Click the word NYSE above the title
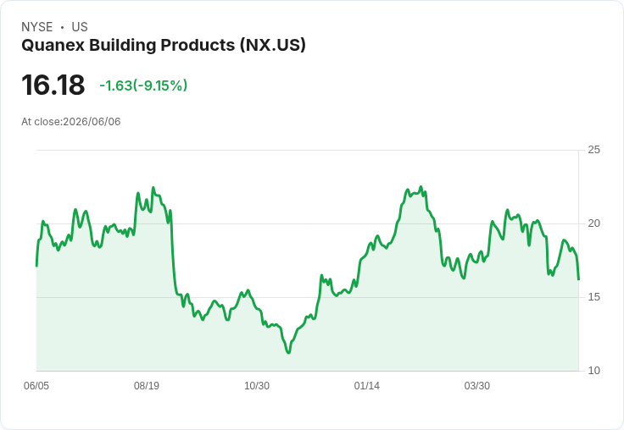[x=37, y=27]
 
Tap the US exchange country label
[x=80, y=27]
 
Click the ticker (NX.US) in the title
[x=273, y=45]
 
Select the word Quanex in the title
[x=53, y=46]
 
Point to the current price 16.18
[x=53, y=85]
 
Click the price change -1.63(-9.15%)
[x=143, y=85]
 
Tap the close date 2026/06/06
[x=92, y=122]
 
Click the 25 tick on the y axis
[x=593, y=150]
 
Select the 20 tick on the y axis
[x=593, y=223]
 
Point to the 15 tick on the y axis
[x=593, y=297]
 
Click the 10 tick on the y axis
[x=593, y=371]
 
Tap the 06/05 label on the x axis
[x=36, y=385]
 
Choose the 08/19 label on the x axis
[x=147, y=385]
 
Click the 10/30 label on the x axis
[x=257, y=385]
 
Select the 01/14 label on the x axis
[x=367, y=385]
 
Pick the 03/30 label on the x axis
[x=477, y=385]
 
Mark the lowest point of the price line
[x=288, y=352]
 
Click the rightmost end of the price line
[x=578, y=279]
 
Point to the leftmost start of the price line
[x=36, y=266]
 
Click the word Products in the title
[x=198, y=45]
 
